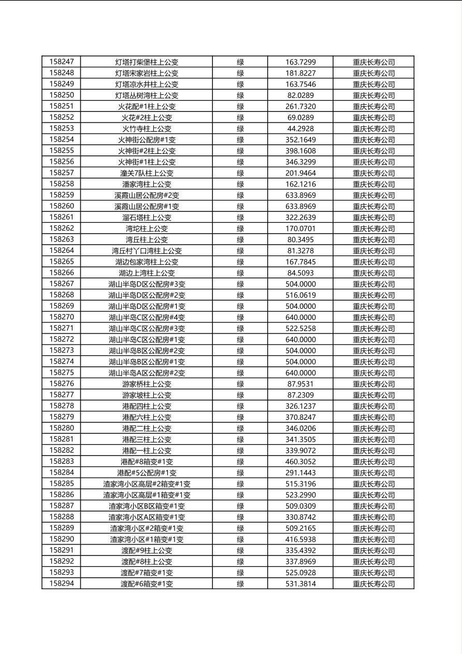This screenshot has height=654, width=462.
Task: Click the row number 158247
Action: [x=61, y=62]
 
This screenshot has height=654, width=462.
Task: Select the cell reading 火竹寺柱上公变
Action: [x=147, y=129]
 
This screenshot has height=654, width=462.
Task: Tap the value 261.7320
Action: [x=300, y=106]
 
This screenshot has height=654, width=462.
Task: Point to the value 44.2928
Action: [x=300, y=129]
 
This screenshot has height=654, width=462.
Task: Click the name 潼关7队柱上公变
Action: [x=147, y=173]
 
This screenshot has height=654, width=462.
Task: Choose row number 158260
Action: [x=61, y=206]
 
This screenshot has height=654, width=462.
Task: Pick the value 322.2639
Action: [x=300, y=217]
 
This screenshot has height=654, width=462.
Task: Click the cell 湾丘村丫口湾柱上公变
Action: [x=147, y=251]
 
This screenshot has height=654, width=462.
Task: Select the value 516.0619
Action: [x=300, y=295]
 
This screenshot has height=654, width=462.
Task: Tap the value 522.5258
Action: [x=300, y=329]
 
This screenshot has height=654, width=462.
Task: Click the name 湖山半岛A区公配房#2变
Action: [x=147, y=373]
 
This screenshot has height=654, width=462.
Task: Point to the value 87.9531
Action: [x=300, y=384]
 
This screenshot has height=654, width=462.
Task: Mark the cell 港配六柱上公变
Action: [x=147, y=417]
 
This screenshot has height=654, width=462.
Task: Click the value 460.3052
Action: [x=300, y=462]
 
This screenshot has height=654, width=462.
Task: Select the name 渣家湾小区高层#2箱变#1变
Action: [x=147, y=484]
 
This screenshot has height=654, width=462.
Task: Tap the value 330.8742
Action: [x=300, y=517]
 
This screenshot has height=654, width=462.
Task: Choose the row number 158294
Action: [x=61, y=584]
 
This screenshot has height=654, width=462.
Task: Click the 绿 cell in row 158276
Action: [x=240, y=384]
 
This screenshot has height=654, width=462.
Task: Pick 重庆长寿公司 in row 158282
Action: [x=373, y=450]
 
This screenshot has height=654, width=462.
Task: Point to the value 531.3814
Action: [x=300, y=584]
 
